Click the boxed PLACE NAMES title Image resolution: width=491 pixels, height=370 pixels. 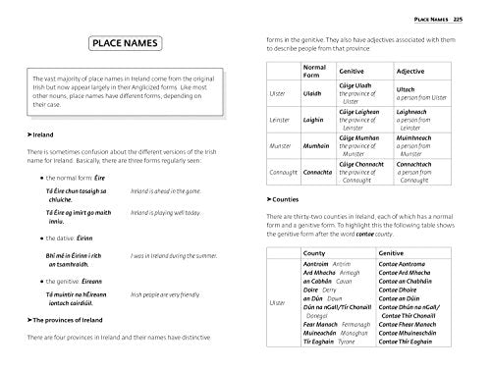127,45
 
